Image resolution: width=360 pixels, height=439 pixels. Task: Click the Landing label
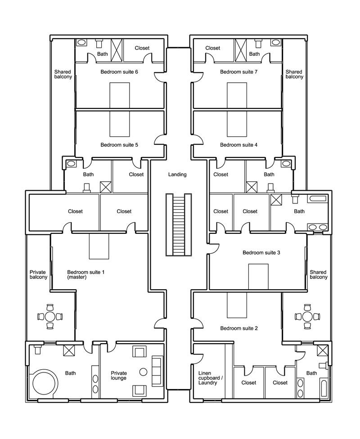click(x=177, y=175)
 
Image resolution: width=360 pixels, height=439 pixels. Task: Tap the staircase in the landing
click(x=179, y=224)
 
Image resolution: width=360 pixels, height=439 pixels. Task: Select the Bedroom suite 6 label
click(x=119, y=72)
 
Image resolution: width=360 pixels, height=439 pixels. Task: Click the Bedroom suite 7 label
click(x=238, y=72)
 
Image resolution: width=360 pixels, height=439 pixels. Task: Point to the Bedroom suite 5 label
click(x=119, y=145)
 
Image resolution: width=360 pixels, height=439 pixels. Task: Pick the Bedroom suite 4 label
click(x=238, y=145)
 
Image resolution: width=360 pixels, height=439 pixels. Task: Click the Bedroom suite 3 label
click(x=261, y=252)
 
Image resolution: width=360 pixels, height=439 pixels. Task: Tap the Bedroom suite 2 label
click(x=238, y=328)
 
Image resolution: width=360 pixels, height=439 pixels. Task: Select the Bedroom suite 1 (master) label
click(x=86, y=274)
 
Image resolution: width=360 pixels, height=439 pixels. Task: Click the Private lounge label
click(x=119, y=376)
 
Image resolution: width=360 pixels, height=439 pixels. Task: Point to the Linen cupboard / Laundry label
click(x=211, y=378)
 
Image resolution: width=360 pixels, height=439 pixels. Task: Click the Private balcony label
click(x=38, y=274)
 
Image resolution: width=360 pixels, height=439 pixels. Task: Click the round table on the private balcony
click(x=50, y=317)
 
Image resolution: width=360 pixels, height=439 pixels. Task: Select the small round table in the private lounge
click(x=143, y=372)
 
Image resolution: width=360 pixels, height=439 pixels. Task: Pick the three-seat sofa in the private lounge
click(x=157, y=371)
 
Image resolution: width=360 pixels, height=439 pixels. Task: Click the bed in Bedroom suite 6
click(x=120, y=95)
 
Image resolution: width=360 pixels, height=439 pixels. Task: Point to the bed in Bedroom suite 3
click(x=258, y=277)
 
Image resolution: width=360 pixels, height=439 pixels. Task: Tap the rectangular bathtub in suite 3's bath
click(x=317, y=198)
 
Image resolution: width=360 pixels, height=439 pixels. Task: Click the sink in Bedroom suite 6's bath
click(x=81, y=42)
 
